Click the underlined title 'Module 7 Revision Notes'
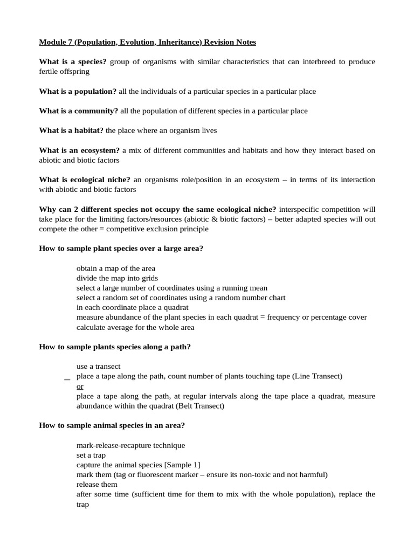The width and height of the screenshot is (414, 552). click(x=147, y=42)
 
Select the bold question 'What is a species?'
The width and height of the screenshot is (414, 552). click(x=73, y=62)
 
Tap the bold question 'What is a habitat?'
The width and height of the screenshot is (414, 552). click(x=71, y=130)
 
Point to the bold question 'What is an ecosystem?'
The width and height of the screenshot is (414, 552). click(x=79, y=150)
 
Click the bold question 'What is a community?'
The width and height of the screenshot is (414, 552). click(x=79, y=111)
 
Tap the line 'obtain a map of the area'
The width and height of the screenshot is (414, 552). click(x=116, y=268)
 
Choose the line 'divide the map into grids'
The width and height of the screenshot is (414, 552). click(x=117, y=278)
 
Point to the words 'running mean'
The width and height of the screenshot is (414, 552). click(x=245, y=288)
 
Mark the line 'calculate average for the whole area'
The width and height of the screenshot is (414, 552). click(x=135, y=327)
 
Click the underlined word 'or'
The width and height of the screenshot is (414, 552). click(x=80, y=387)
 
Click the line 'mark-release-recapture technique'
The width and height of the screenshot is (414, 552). click(x=130, y=445)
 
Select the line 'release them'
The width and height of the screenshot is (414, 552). click(x=97, y=485)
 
